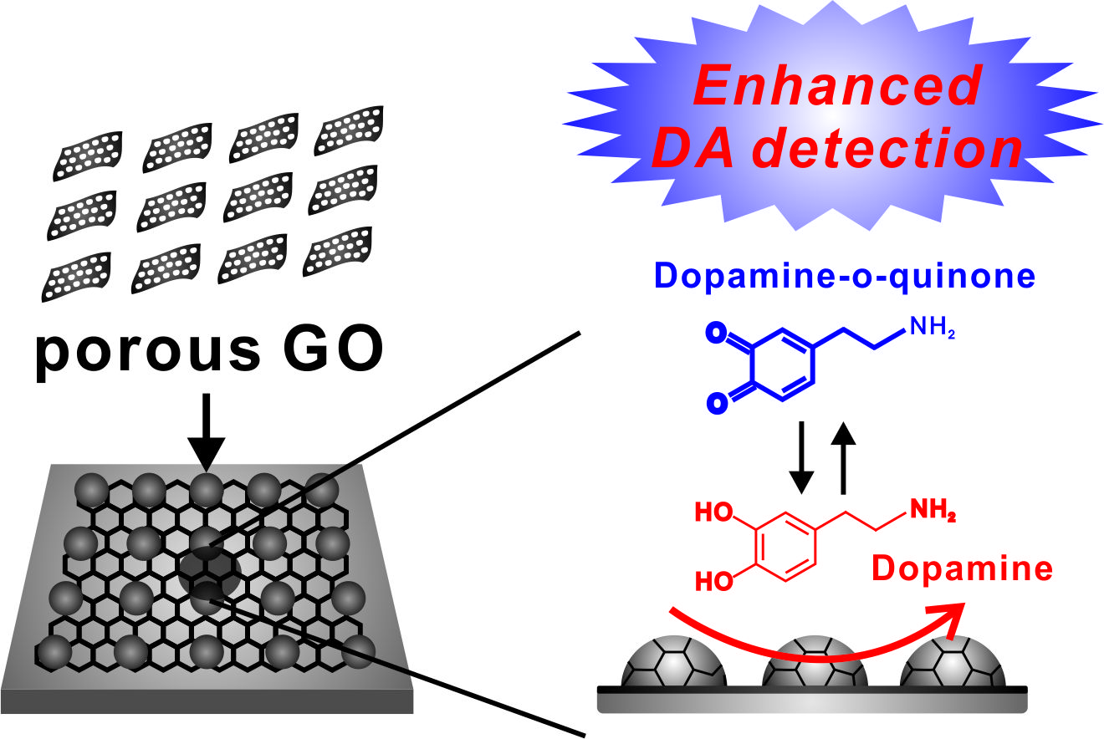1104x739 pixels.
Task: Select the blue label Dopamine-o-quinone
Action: click(845, 276)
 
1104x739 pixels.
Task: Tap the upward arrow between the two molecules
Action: click(845, 457)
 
